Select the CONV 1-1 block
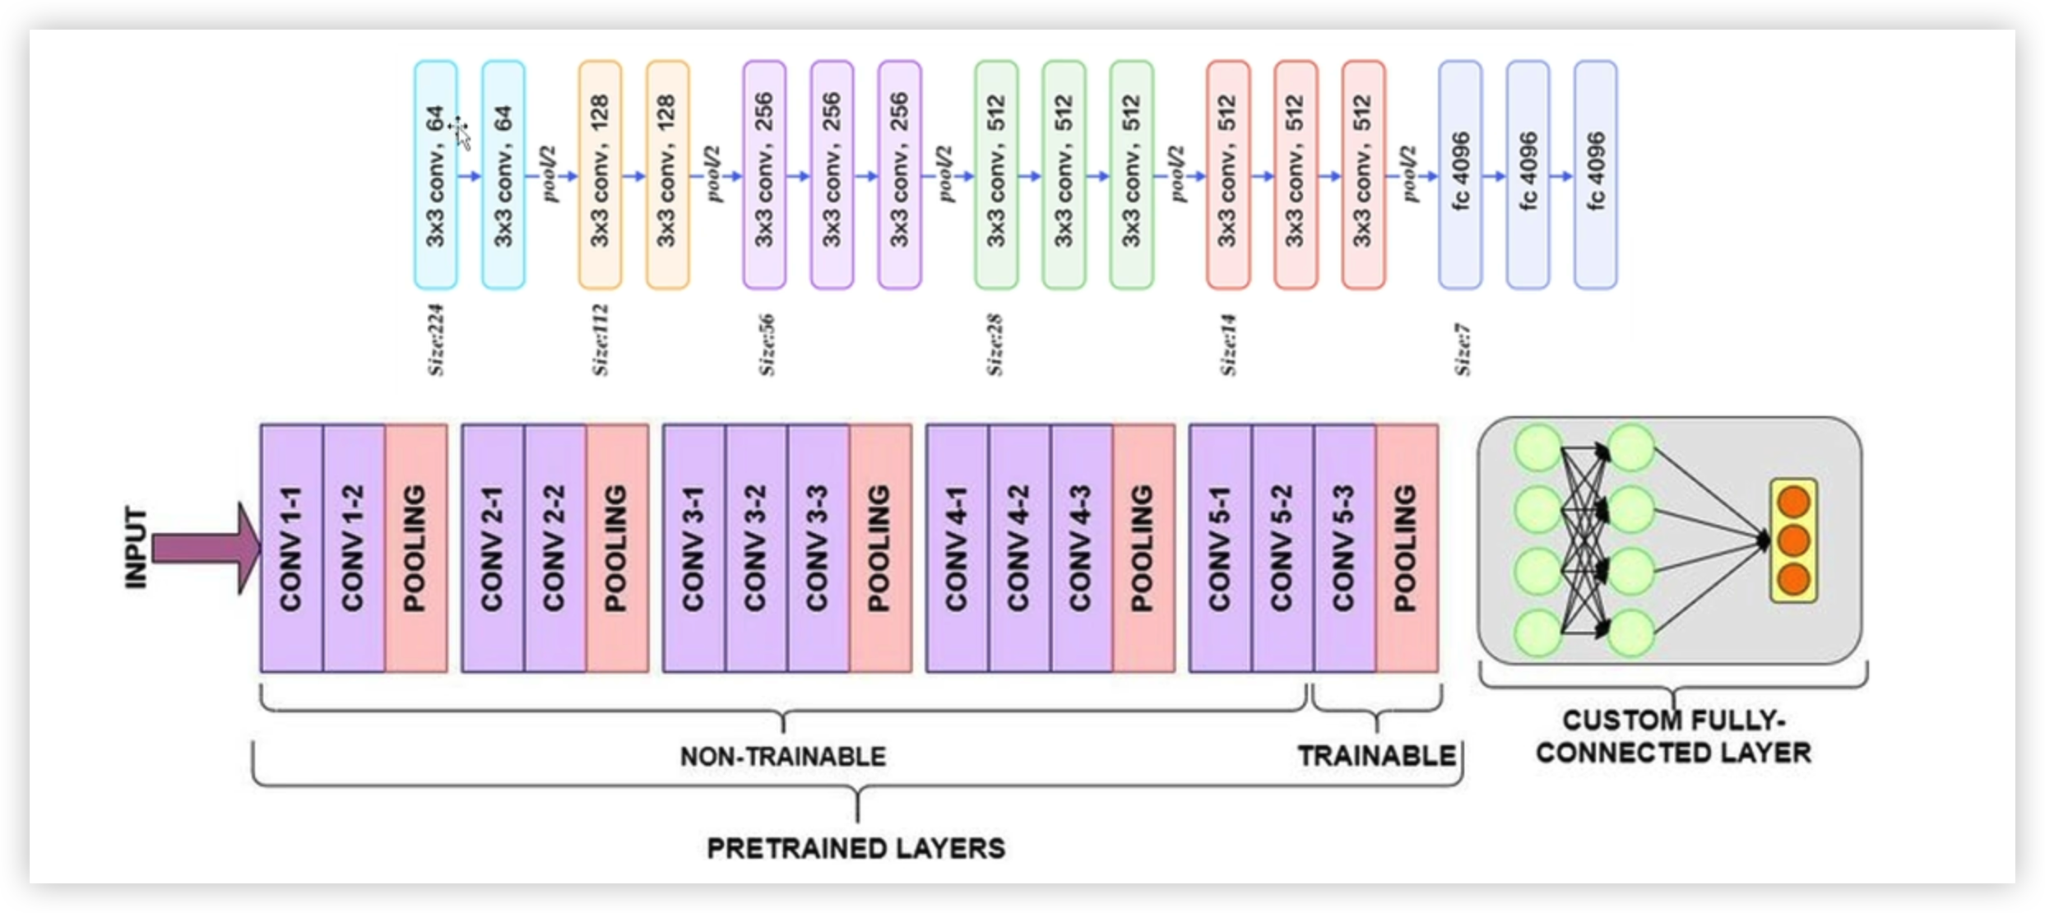292,549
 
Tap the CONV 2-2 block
555,549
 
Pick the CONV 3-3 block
818,549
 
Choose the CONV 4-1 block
958,549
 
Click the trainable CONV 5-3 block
1344,549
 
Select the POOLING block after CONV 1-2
416,549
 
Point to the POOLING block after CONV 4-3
1143,549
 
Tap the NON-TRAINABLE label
783,756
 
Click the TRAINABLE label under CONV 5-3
1376,756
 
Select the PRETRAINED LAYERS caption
856,848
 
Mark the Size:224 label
436,341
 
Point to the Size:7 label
1463,350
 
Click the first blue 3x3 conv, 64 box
436,175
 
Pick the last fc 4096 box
1596,175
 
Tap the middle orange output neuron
1794,541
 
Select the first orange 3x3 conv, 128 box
600,175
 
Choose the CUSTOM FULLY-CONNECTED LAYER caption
1673,736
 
